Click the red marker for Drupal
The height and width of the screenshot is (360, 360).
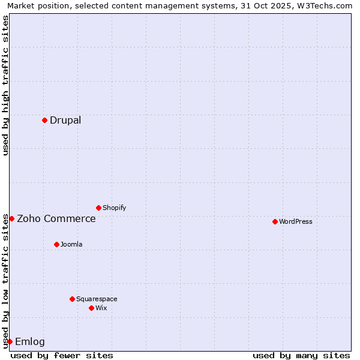44,120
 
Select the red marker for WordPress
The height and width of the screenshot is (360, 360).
275,221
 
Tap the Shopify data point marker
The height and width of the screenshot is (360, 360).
98,208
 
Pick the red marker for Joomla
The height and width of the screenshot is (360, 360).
56,244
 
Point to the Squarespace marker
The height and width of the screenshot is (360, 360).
72,299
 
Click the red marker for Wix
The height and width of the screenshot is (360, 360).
91,308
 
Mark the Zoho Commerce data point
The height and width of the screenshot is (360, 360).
11,218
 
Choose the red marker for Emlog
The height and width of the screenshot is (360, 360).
10,341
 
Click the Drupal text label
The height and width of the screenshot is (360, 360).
65,120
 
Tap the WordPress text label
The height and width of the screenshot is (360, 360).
296,221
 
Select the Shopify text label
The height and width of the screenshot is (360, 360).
115,208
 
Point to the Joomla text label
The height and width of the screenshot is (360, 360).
71,244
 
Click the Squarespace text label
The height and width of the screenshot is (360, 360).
97,299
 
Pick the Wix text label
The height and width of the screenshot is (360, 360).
101,308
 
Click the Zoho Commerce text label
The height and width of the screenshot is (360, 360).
56,218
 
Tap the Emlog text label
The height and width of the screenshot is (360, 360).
30,341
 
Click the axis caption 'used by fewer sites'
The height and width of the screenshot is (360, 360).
62,355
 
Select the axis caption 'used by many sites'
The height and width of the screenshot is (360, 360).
301,355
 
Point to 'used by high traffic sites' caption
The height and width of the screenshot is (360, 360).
5,85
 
